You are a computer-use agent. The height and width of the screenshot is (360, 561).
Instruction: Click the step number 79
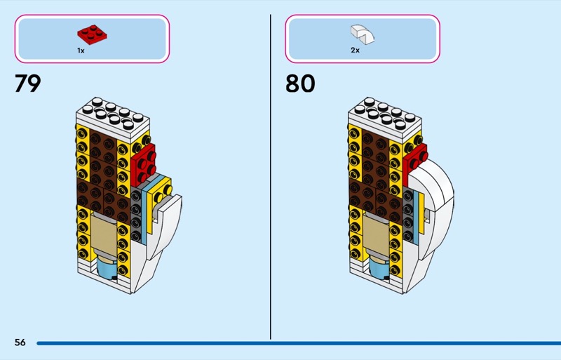pyautogui.click(x=28, y=84)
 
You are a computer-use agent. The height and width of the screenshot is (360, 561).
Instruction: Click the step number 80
pyautogui.click(x=300, y=84)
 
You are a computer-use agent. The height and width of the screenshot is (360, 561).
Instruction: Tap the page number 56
pyautogui.click(x=20, y=342)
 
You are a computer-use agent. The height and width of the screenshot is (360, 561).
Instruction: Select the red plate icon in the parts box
pyautogui.click(x=91, y=32)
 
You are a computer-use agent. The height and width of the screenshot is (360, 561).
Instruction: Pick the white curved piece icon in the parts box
pyautogui.click(x=362, y=32)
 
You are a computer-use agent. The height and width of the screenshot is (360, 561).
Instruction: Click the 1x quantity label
pyautogui.click(x=81, y=51)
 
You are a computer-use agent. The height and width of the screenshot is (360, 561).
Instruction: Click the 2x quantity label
pyautogui.click(x=354, y=51)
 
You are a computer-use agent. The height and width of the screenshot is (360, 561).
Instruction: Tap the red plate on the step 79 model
pyautogui.click(x=144, y=166)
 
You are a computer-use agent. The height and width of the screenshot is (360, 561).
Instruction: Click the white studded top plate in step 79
pyautogui.click(x=113, y=116)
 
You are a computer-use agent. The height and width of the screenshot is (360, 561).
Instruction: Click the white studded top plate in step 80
pyautogui.click(x=385, y=116)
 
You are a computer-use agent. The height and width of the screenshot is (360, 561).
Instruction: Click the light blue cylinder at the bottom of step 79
pyautogui.click(x=109, y=267)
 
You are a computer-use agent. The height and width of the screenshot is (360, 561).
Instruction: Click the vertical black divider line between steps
pyautogui.click(x=271, y=175)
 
